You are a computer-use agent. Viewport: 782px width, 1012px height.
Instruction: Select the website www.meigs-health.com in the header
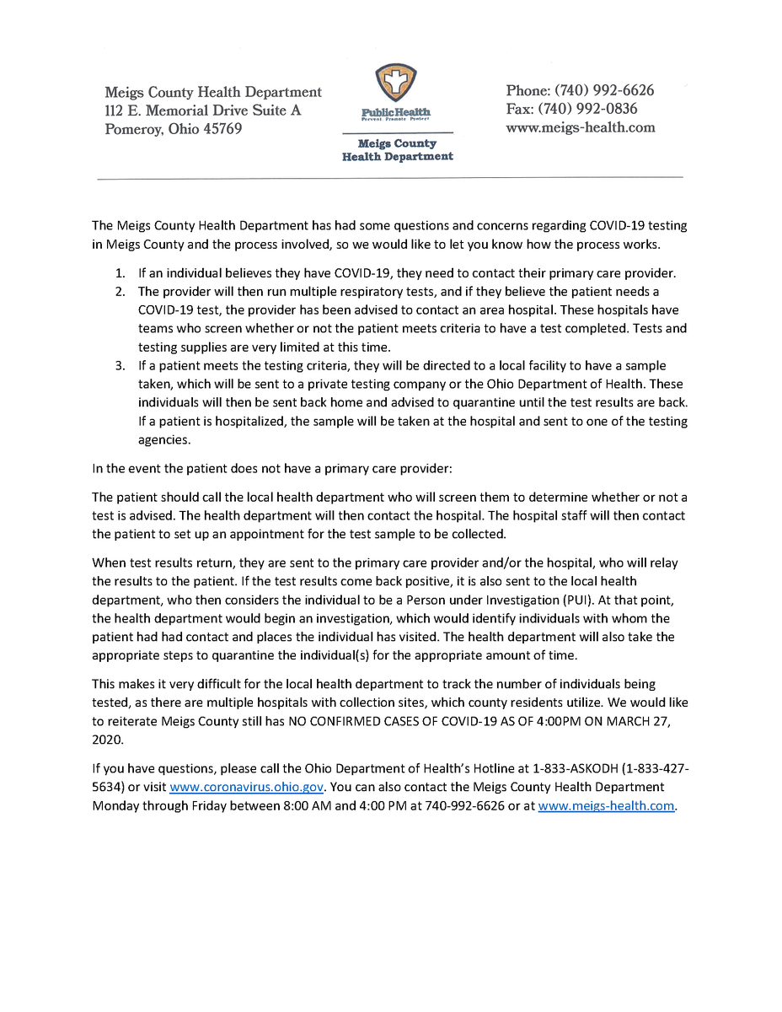580,127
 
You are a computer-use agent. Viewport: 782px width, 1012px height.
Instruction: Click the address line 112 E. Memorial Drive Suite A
202,110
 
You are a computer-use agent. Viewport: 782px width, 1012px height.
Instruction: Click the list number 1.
121,274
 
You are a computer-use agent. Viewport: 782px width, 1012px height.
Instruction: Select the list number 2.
121,292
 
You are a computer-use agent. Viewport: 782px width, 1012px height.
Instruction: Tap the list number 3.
121,365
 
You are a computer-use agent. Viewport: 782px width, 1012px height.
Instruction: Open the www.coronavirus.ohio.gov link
247,787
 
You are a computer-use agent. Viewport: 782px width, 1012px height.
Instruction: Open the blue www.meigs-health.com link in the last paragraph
607,805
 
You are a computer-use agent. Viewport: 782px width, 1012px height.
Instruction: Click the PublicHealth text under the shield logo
396,112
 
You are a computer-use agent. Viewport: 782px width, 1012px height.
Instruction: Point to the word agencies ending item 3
164,439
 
